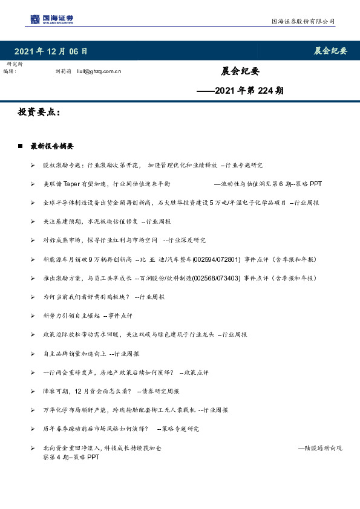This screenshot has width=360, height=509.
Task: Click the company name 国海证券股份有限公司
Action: (303, 22)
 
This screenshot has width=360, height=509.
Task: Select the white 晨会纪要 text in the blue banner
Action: (330, 51)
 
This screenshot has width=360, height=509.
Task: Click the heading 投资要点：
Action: (39, 113)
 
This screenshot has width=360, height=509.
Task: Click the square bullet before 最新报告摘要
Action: (21, 146)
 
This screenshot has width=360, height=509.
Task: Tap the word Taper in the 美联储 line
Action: (72, 183)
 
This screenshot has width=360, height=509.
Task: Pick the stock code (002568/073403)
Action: (216, 278)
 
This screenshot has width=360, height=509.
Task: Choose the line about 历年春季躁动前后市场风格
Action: (121, 429)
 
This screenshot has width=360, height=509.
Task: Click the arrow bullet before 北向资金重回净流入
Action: (32, 448)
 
